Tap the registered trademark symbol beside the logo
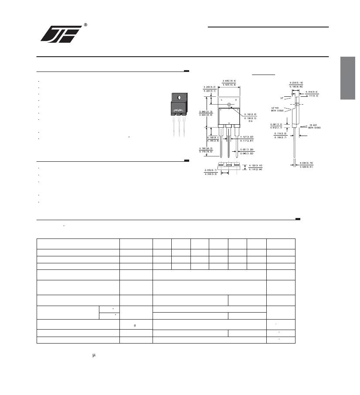pyautogui.click(x=85, y=25)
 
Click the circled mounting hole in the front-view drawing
pyautogui.click(x=228, y=105)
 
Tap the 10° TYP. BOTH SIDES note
pyautogui.click(x=278, y=109)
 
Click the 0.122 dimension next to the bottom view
pyautogui.click(x=256, y=165)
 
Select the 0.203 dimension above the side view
pyautogui.click(x=297, y=82)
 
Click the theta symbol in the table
pyautogui.click(x=136, y=325)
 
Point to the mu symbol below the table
pyautogui.click(x=94, y=356)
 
